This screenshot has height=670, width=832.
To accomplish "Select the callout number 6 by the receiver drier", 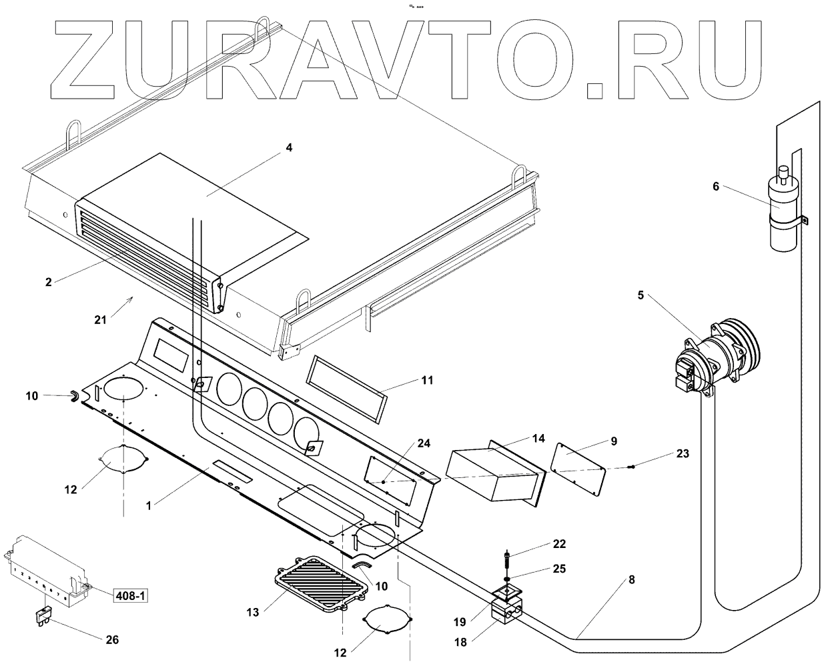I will [x=716, y=186].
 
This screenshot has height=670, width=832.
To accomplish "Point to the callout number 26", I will [x=112, y=639].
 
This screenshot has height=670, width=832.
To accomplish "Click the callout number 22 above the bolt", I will [x=558, y=544].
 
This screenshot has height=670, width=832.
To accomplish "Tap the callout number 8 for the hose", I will [x=631, y=579].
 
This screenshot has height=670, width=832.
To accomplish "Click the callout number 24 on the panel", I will [x=424, y=443].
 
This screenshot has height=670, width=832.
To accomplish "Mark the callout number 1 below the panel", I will [x=149, y=505].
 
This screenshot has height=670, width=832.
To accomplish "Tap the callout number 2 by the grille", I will [x=48, y=281].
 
